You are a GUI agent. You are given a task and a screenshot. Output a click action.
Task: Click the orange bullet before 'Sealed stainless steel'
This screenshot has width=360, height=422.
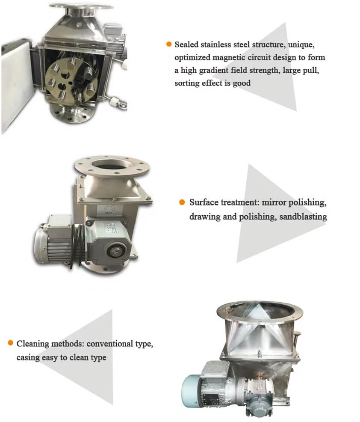(169, 44)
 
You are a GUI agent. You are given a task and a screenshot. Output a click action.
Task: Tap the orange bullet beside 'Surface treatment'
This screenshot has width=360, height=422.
(182, 202)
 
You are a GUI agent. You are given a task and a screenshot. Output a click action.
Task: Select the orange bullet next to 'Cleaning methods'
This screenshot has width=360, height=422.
(11, 342)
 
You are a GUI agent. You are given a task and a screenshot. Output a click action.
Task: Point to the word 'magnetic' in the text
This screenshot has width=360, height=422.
(229, 57)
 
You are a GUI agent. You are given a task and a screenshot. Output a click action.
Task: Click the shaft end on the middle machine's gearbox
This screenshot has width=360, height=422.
(115, 251)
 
